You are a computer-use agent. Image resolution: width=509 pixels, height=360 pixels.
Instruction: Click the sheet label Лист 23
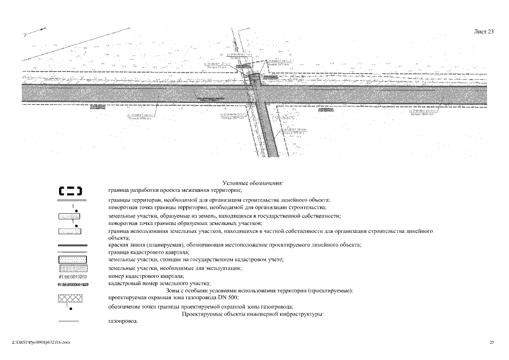tap(484, 32)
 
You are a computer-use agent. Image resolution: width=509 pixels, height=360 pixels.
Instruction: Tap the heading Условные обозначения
tap(253, 183)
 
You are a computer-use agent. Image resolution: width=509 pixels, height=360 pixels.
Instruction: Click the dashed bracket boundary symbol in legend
tap(71, 191)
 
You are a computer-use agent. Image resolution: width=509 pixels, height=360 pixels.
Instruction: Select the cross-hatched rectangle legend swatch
tap(71, 298)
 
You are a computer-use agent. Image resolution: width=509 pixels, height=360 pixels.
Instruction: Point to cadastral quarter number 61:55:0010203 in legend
tap(71, 277)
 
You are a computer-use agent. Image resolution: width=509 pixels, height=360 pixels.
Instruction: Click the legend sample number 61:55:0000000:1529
tap(71, 284)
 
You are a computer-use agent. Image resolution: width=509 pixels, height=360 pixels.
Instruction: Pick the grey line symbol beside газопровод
tap(71, 322)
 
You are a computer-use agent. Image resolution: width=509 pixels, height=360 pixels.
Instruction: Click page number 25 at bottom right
tap(492, 342)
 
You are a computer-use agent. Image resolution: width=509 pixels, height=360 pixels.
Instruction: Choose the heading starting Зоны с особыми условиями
tap(236, 290)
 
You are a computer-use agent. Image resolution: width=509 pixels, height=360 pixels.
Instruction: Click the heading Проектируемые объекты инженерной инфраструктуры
tap(253, 314)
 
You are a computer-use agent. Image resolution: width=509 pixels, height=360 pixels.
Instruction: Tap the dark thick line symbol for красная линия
tap(71, 246)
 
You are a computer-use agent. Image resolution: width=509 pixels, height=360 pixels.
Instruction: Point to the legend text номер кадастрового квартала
tap(146, 276)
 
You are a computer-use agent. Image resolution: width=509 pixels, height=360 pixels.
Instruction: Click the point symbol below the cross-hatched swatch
tap(71, 307)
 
